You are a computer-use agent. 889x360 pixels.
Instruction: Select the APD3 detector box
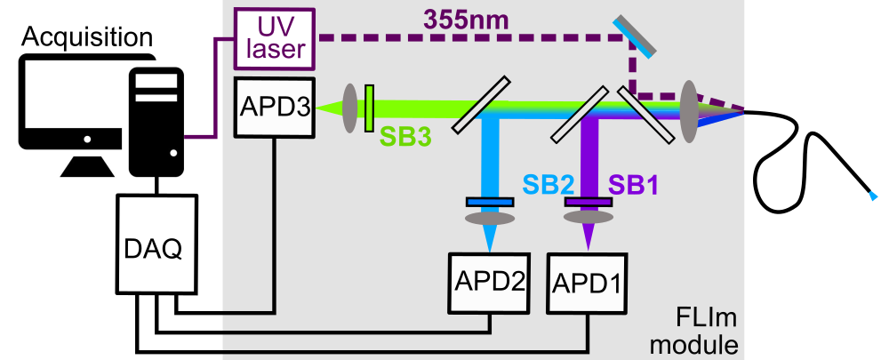[x=274, y=107]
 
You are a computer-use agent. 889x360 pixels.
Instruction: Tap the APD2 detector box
[x=486, y=282]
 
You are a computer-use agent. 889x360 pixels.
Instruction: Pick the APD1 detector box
[x=587, y=282]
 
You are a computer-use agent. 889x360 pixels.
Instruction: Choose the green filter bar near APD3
[x=369, y=108]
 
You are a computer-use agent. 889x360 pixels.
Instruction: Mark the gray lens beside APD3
[x=348, y=108]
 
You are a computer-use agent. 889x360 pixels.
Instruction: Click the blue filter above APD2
[x=489, y=202]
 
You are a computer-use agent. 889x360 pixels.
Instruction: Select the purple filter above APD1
[x=588, y=202]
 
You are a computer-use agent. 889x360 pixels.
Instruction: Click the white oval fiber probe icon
[x=858, y=161]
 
